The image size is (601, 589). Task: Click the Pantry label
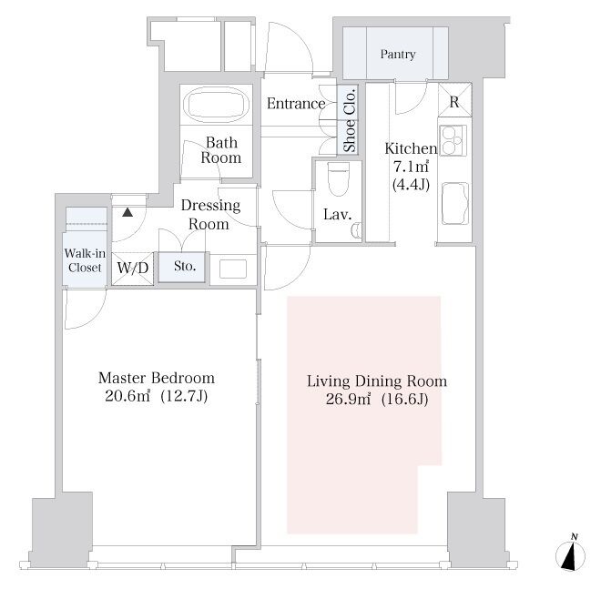[397, 55]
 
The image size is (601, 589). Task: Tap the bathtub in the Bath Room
[216, 105]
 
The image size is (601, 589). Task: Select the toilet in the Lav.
[339, 178]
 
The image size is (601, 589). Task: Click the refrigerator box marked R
[454, 100]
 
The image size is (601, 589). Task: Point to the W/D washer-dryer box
[133, 268]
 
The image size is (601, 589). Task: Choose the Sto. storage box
[182, 267]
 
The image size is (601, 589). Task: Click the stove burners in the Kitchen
[453, 140]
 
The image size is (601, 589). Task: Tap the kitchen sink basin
[455, 203]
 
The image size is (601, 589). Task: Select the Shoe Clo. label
[349, 120]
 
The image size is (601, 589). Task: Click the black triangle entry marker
[127, 212]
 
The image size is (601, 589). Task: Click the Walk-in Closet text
[85, 259]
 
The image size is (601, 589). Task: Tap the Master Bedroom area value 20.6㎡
[127, 396]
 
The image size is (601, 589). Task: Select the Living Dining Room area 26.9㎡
[348, 399]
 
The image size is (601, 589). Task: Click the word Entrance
[296, 104]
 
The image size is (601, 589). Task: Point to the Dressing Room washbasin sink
[233, 269]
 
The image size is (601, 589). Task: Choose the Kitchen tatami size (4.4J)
[411, 185]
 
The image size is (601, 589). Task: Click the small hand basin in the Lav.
[356, 229]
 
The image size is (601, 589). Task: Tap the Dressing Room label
[210, 214]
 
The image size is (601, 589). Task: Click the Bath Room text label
[221, 150]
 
